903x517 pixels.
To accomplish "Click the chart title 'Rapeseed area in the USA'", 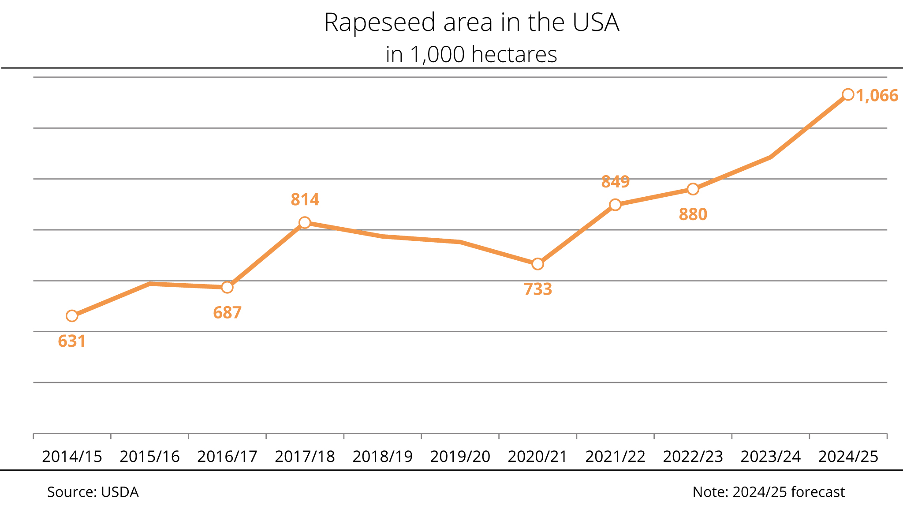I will click(x=471, y=22).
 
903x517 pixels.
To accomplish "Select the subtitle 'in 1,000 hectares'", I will click(x=471, y=55).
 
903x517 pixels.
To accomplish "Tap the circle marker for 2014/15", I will click(x=72, y=316).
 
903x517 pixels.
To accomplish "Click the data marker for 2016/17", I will click(x=227, y=288).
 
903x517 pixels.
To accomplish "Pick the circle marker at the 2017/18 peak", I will click(x=305, y=223).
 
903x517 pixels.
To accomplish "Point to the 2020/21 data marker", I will click(x=537, y=264).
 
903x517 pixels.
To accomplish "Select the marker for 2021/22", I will click(x=615, y=205).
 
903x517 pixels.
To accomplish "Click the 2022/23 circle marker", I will click(x=693, y=189).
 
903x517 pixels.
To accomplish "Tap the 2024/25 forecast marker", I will click(x=848, y=94).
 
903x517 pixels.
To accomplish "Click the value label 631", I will click(x=72, y=341).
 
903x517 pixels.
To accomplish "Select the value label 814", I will click(x=305, y=200).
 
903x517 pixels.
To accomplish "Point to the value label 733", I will click(x=537, y=289).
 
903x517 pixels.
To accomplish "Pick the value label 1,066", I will click(x=877, y=96).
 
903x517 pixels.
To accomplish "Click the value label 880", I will click(x=693, y=215).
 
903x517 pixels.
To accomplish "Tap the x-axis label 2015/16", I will click(x=149, y=457).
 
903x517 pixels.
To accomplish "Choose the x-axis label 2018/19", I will click(x=382, y=457).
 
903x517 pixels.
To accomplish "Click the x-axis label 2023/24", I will click(x=770, y=457).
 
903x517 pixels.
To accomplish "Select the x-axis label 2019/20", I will click(x=460, y=457).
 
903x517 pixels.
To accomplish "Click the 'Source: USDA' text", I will click(x=93, y=492).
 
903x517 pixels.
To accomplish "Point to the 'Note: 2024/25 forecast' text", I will click(x=769, y=492).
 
